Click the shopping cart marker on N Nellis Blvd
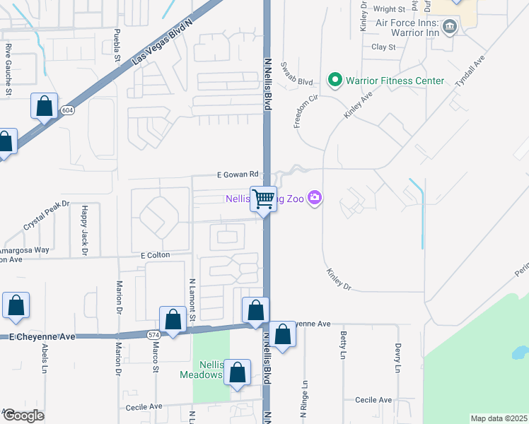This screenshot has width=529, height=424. (264, 200)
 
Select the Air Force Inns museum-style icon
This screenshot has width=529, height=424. (449, 28)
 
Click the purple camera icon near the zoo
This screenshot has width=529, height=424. (315, 199)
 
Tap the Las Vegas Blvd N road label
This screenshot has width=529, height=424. (163, 43)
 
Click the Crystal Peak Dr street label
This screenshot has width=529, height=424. (47, 215)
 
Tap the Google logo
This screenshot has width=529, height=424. (23, 416)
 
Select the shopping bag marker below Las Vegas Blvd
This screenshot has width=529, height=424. (44, 107)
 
